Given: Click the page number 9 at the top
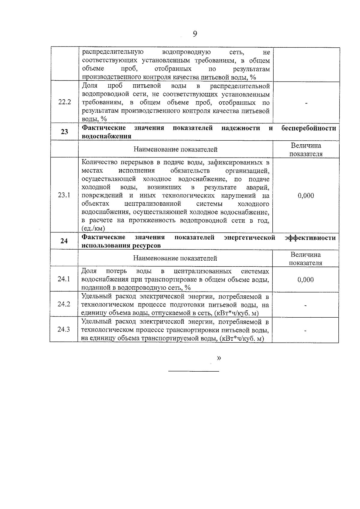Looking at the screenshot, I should [x=195, y=34].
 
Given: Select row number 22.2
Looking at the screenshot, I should [x=64, y=102].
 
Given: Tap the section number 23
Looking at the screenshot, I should [x=64, y=132].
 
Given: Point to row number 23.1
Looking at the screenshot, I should [x=64, y=195].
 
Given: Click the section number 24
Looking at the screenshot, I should [x=64, y=241].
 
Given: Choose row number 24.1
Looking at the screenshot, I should [x=64, y=279].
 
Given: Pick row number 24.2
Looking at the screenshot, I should [x=64, y=304].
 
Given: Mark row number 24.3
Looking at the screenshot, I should [x=64, y=329].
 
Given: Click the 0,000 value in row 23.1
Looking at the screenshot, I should [x=306, y=196].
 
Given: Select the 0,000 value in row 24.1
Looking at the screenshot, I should [x=306, y=280].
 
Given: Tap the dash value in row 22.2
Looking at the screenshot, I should [x=306, y=103].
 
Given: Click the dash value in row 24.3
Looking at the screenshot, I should [x=306, y=331].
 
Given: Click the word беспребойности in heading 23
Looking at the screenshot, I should [x=309, y=128].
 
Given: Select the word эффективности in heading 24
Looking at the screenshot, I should [x=310, y=238].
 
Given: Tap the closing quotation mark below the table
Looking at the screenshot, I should [x=219, y=358].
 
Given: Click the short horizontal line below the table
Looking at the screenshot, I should [x=193, y=371].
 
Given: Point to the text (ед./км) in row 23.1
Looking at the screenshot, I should [x=93, y=229].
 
